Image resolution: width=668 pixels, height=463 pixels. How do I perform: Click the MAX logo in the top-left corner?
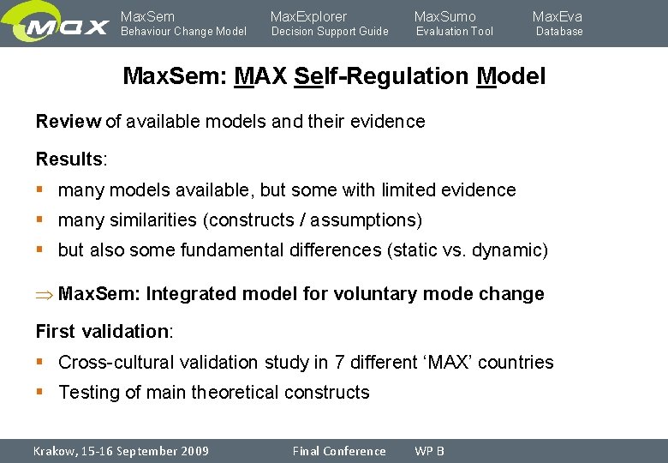click(57, 24)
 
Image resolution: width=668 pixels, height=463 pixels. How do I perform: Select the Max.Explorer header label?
click(308, 16)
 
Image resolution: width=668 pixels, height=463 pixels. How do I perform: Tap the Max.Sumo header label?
click(444, 16)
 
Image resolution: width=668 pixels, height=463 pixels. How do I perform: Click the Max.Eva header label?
click(557, 16)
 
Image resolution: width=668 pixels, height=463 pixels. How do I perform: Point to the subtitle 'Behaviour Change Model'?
click(183, 32)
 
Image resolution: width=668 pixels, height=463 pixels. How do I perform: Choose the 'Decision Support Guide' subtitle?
click(330, 32)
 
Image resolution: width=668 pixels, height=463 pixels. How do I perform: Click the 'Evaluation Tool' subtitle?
click(455, 32)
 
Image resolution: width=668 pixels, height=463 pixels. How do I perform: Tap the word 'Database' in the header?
click(559, 32)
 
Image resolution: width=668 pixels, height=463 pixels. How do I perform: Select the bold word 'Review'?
click(68, 122)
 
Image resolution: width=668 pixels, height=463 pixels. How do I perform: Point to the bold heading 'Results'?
click(69, 159)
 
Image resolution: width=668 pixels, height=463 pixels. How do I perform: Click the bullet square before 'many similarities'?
click(40, 220)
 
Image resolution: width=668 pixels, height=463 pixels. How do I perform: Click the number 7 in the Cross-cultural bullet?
click(339, 363)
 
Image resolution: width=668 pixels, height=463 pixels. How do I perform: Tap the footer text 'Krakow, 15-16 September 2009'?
click(121, 451)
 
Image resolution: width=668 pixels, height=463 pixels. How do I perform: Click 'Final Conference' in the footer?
click(339, 451)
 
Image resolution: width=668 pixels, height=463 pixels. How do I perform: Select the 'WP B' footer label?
click(429, 451)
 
